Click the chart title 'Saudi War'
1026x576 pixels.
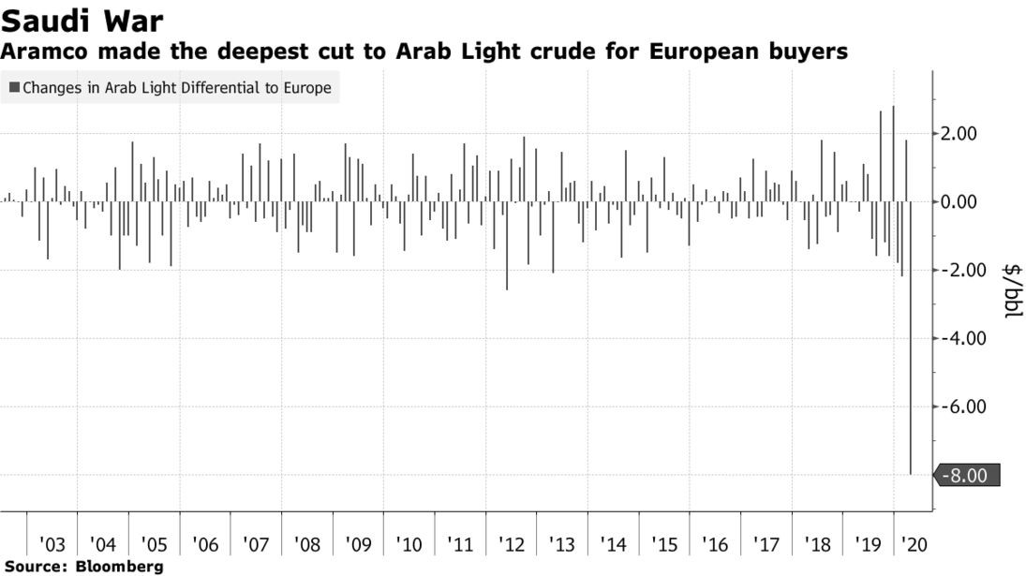coord(82,20)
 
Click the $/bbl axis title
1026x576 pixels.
coord(1013,290)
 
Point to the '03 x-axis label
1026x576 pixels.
coord(52,544)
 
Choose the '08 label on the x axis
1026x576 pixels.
coord(306,544)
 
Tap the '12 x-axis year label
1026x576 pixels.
coord(511,544)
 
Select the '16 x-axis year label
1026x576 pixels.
coord(714,544)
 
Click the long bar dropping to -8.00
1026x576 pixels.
coord(911,375)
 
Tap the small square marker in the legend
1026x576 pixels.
coord(14,89)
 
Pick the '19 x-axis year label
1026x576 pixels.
coord(868,544)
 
